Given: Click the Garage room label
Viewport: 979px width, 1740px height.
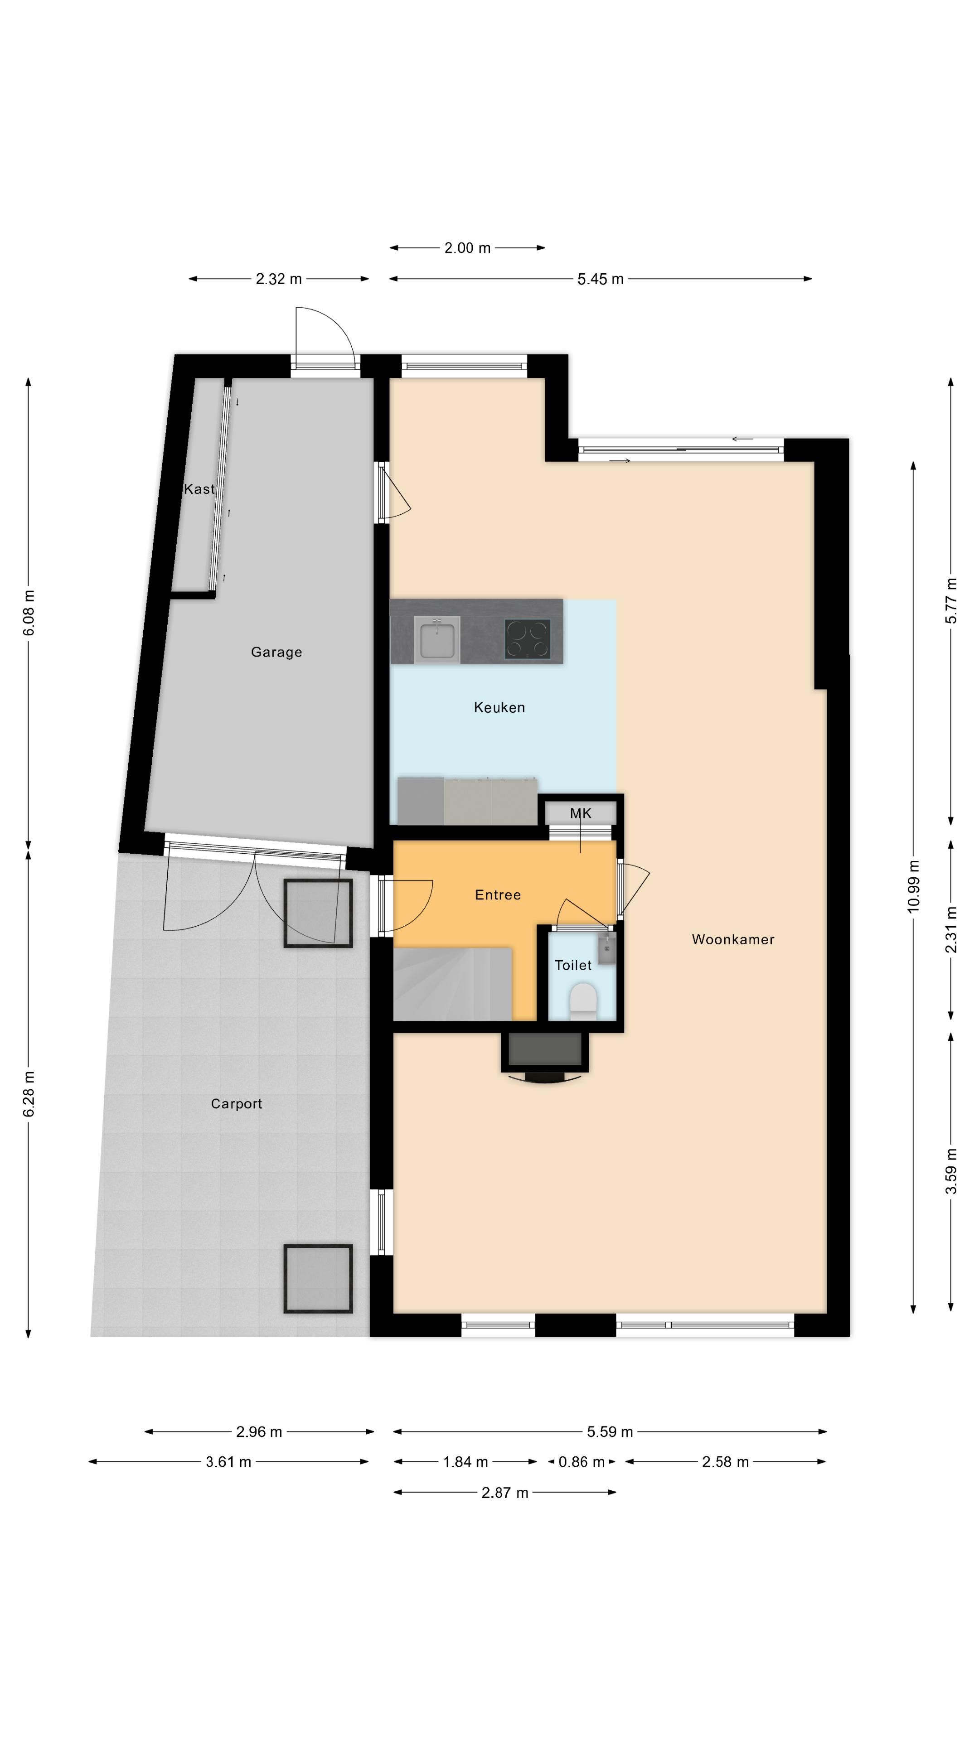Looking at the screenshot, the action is [276, 652].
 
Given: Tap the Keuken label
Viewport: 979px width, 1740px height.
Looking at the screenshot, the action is [499, 707].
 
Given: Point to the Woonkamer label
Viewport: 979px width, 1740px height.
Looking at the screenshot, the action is [733, 939].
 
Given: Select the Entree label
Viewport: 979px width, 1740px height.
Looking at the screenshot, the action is [498, 895].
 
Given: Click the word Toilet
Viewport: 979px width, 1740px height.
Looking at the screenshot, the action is [573, 965].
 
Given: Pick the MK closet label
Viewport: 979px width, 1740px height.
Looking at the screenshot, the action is [580, 813].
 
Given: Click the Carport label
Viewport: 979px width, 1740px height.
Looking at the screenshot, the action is [237, 1104].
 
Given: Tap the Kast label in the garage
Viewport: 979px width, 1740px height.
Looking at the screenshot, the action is [199, 488].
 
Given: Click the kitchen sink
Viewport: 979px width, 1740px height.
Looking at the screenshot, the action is [437, 638].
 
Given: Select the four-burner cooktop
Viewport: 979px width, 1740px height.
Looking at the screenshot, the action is [527, 639].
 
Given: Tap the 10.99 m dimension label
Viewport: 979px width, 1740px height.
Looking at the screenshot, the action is [913, 886].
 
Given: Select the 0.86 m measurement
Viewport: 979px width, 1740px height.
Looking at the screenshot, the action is [581, 1462].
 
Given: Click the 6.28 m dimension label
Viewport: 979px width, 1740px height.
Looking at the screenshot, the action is [29, 1093].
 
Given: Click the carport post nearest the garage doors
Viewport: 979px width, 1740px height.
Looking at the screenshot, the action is [318, 913].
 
